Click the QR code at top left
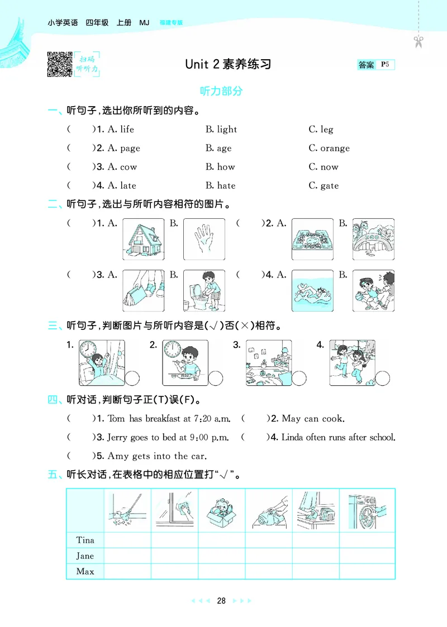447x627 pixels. [x=60, y=63]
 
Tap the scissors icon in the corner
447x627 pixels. [x=418, y=41]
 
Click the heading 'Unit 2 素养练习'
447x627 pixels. [x=228, y=64]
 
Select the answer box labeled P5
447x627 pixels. [x=376, y=65]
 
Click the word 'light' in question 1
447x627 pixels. [x=227, y=130]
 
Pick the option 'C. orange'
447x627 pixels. [x=329, y=149]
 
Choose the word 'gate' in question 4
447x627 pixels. [x=329, y=186]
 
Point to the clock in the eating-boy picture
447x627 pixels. [x=173, y=350]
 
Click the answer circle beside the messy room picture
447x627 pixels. [x=299, y=378]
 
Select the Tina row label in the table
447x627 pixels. [x=85, y=540]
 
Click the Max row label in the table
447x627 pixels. [x=85, y=571]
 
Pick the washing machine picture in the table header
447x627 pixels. [x=367, y=510]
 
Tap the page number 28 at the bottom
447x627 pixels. [x=221, y=601]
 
